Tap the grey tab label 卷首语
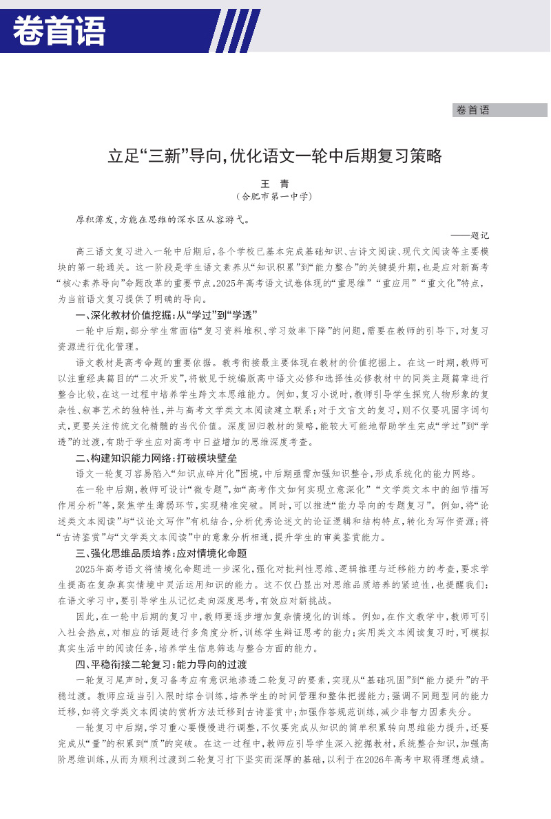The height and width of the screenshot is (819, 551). (472, 110)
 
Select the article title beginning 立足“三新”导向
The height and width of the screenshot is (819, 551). (274, 156)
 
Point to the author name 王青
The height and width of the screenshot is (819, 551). (274, 184)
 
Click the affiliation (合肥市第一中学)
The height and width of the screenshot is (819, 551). (274, 196)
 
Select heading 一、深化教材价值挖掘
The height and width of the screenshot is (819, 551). (166, 315)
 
